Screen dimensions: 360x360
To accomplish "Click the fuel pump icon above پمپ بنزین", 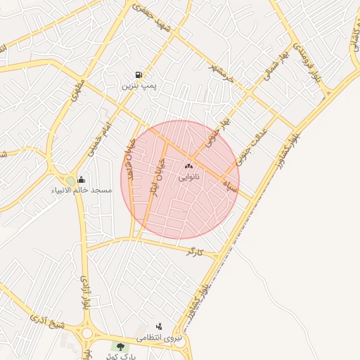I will click(x=139, y=75).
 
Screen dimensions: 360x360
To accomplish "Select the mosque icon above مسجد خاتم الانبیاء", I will click(x=82, y=179).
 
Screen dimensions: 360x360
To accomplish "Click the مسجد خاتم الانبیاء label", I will click(x=82, y=191).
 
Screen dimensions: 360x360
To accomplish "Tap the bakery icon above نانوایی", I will click(x=188, y=167).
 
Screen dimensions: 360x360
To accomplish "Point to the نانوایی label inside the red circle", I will click(x=188, y=177).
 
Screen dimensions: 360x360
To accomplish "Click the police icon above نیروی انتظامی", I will click(x=159, y=326).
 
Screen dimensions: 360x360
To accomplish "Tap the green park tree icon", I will click(x=120, y=347).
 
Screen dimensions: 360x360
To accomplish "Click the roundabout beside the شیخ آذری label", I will click(x=88, y=333).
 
